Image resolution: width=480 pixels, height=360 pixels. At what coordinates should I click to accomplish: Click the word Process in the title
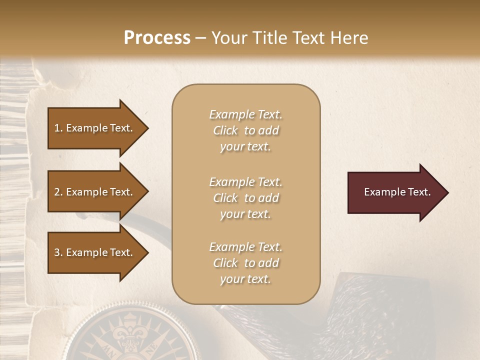(157, 38)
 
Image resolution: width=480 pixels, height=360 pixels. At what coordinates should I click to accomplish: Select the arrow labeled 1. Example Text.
(95, 128)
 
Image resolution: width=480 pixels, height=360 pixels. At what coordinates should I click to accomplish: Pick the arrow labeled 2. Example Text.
(95, 192)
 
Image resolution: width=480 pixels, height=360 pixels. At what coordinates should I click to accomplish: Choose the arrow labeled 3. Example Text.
(95, 252)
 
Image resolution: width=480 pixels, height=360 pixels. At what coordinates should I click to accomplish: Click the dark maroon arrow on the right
(395, 192)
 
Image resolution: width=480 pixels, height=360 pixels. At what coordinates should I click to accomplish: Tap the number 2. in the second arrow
(58, 192)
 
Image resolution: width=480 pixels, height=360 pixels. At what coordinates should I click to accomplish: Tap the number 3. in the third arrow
(58, 252)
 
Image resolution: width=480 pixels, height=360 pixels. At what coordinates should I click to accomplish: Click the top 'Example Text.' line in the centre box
(245, 114)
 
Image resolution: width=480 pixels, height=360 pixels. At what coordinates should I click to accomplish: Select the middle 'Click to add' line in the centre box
(245, 198)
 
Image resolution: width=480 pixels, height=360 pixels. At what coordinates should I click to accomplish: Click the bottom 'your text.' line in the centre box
(245, 279)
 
